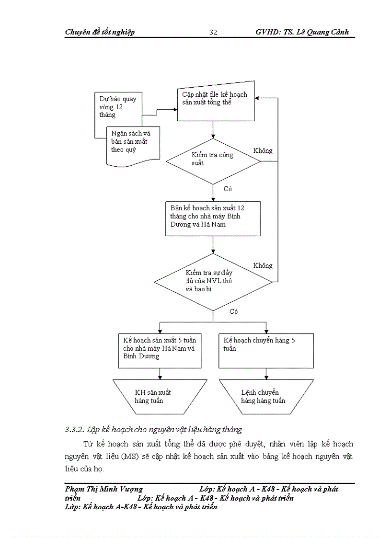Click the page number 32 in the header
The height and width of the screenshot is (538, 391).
point(213,32)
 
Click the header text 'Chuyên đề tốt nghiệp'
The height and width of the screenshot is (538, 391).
point(100,32)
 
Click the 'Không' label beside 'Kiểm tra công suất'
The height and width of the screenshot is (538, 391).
point(263,150)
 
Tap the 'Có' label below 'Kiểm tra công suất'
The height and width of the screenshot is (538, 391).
point(228,189)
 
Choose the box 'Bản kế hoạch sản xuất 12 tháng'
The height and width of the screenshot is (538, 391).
point(213,218)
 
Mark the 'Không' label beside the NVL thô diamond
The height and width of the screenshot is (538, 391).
point(263,265)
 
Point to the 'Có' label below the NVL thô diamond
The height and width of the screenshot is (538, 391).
point(233,311)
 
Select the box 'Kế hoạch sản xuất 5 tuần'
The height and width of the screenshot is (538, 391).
point(160,350)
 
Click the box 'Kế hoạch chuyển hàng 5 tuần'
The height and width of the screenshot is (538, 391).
point(266,350)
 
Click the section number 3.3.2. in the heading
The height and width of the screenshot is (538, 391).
point(74,429)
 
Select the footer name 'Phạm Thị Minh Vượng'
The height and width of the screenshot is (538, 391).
point(103,489)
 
